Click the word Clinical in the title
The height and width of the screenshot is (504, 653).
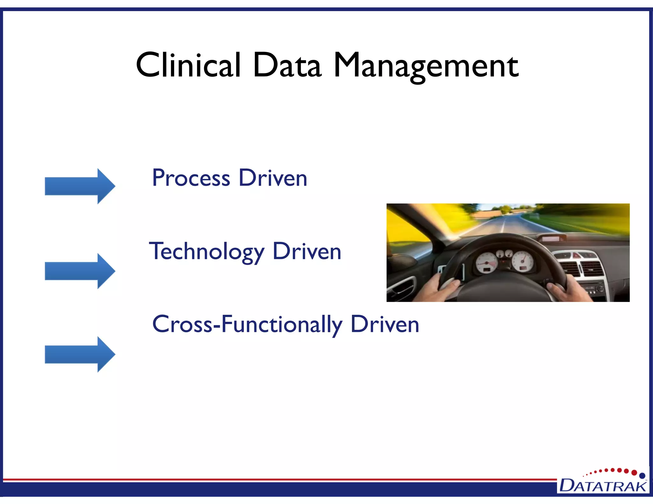[188, 65]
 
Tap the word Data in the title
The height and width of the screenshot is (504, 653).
[287, 65]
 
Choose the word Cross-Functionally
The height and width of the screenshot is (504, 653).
[247, 324]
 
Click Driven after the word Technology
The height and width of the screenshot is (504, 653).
[307, 252]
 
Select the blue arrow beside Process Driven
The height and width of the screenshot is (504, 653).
[80, 186]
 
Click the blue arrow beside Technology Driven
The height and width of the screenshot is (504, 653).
[80, 271]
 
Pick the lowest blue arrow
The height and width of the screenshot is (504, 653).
[80, 354]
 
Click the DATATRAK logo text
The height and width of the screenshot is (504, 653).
[603, 486]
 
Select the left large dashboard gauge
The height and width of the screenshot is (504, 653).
[487, 263]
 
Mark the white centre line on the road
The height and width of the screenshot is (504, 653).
[503, 225]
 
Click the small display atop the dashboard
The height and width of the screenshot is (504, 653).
[551, 238]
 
